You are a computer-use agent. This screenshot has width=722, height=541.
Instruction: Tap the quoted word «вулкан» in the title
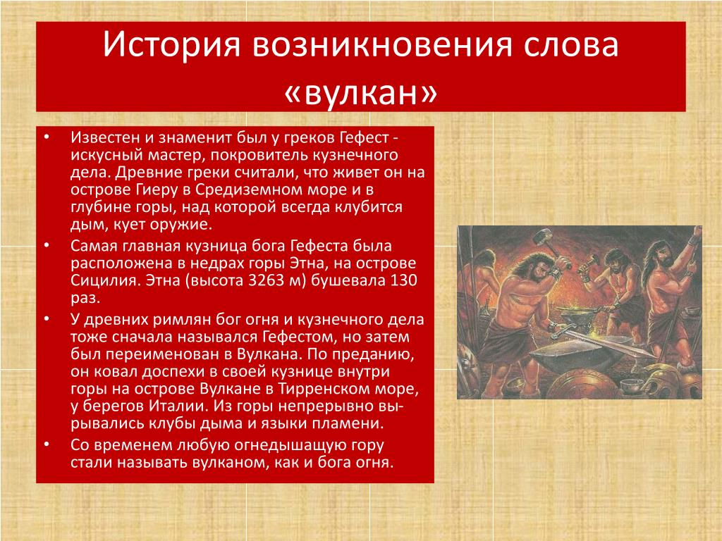click(360, 92)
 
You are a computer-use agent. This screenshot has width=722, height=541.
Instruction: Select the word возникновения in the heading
click(382, 44)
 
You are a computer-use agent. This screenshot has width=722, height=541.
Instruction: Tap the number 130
click(403, 280)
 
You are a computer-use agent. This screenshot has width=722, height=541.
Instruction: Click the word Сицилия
click(104, 280)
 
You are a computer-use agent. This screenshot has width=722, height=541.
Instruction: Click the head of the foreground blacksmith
click(530, 270)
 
